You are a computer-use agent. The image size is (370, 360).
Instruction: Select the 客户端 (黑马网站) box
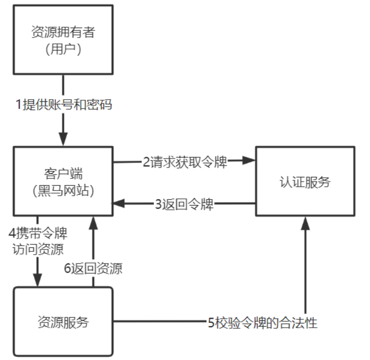(x=63, y=181)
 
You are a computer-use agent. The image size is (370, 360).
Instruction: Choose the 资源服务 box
(x=63, y=321)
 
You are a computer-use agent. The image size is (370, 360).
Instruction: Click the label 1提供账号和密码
(x=64, y=104)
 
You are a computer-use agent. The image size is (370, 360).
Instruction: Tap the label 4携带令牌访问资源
(x=38, y=240)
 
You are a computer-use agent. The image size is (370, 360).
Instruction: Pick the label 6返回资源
(x=93, y=269)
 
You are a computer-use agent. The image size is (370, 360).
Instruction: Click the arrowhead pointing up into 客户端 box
(x=93, y=222)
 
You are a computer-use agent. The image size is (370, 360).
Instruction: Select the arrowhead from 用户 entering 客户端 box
(x=63, y=140)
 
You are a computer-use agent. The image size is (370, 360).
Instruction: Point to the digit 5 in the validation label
(x=211, y=322)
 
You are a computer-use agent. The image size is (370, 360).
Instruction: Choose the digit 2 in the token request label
(x=146, y=161)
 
